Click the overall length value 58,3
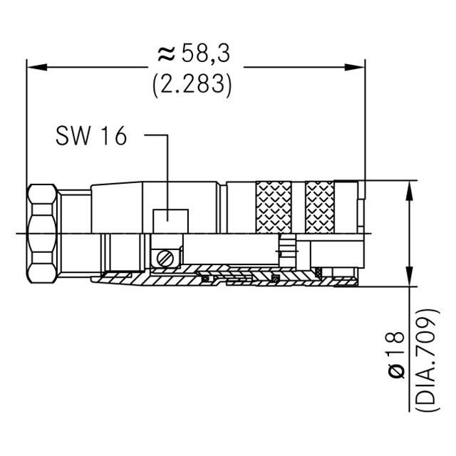207,53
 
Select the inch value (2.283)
192,85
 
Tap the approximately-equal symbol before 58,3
166,53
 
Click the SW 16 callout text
90,135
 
